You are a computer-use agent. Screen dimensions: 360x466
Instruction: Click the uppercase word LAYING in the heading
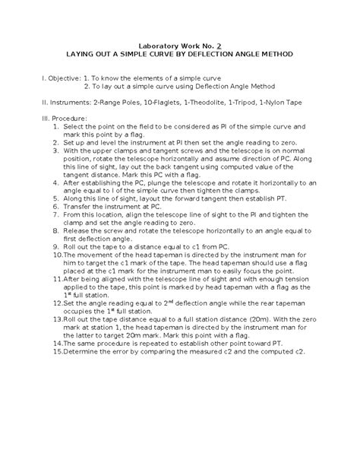[x=84, y=57]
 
